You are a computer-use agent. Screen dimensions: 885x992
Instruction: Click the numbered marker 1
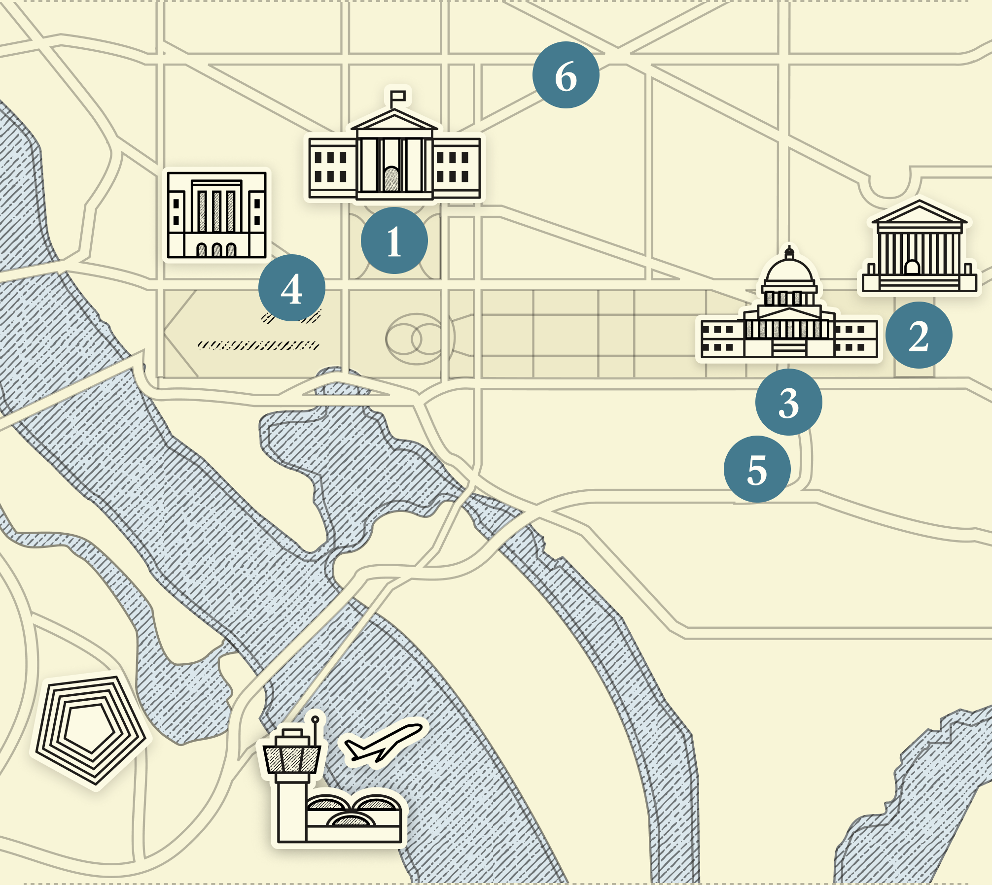click(394, 240)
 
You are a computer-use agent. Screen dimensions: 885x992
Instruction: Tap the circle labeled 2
click(919, 335)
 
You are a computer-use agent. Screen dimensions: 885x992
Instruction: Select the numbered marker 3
click(788, 402)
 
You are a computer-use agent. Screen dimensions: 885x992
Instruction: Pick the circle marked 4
click(291, 288)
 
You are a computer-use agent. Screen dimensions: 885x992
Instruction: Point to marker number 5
click(757, 469)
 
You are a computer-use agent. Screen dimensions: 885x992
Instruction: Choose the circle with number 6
click(566, 75)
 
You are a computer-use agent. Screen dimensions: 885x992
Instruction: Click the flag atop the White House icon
click(398, 96)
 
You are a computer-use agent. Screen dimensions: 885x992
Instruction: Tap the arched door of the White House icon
click(391, 178)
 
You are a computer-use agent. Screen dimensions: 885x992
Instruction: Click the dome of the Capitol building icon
click(789, 271)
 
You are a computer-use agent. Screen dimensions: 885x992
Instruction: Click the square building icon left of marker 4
click(217, 215)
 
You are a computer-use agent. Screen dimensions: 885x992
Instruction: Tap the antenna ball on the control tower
click(315, 719)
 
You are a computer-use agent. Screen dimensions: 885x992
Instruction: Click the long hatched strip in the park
click(258, 345)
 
